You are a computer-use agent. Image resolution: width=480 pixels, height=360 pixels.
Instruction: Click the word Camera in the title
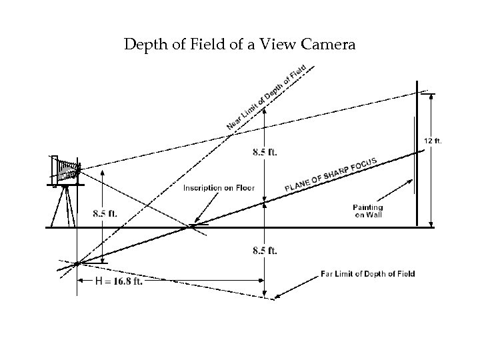click(327, 46)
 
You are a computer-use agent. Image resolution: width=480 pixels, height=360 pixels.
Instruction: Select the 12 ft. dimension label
click(433, 141)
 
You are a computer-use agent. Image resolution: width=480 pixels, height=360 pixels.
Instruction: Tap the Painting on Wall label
click(368, 211)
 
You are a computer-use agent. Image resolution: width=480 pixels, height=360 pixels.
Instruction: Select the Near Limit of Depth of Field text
click(266, 97)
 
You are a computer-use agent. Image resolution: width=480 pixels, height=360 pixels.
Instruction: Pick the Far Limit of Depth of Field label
click(367, 274)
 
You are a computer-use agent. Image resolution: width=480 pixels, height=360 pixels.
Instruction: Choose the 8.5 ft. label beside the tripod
click(105, 214)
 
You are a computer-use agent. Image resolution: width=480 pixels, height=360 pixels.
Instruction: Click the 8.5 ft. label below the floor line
click(265, 251)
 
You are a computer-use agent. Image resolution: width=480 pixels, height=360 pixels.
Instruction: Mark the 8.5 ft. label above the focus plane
click(265, 152)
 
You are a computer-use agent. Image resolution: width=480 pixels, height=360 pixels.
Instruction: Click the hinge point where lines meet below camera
click(77, 263)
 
